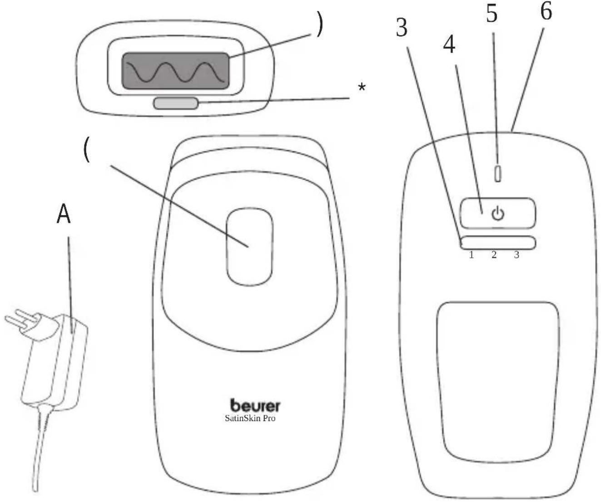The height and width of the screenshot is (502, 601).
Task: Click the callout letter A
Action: pos(64,215)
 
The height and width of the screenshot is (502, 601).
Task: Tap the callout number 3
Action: pos(402,28)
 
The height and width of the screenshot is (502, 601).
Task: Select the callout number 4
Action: pos(449,44)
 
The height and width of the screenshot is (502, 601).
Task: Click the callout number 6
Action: pos(546,11)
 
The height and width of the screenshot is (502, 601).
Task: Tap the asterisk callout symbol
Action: pos(362,87)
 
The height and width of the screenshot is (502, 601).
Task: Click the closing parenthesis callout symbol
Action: pos(319,26)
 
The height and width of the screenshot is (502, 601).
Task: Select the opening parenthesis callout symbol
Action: pos(87,150)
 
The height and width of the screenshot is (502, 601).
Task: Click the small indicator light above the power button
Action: pos(498,174)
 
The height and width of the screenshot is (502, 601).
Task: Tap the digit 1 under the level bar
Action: pos(472,255)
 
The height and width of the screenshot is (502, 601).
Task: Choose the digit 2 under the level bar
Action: pos(494,255)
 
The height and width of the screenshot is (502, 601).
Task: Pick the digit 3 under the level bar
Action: pos(517,255)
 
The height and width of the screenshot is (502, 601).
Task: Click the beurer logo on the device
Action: pos(255,405)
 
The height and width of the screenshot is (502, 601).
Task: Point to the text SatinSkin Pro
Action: pos(250,418)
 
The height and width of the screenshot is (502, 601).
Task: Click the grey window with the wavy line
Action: pos(176,71)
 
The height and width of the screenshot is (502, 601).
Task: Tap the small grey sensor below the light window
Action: pos(176,103)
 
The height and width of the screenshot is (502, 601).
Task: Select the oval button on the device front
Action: pos(249,247)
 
